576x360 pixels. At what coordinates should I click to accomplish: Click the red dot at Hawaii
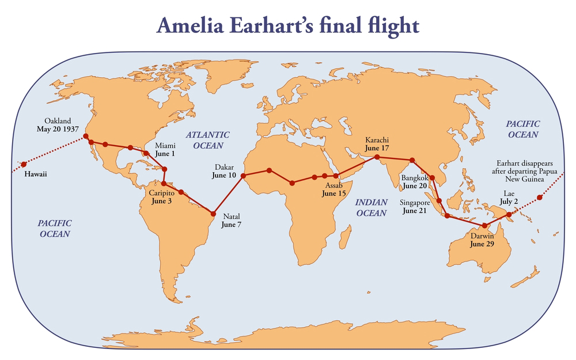coord(24,164)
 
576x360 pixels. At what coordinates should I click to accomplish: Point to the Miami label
coord(164,147)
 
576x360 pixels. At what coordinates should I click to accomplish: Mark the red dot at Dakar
coord(243,175)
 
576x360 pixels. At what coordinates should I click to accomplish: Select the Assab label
coord(334,186)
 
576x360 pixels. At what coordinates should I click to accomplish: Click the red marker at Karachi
coord(377,157)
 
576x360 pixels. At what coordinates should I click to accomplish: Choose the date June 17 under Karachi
coord(377,148)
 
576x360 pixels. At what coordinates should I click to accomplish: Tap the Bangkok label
coord(415,178)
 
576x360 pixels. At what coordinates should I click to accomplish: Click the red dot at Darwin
coord(485,225)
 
